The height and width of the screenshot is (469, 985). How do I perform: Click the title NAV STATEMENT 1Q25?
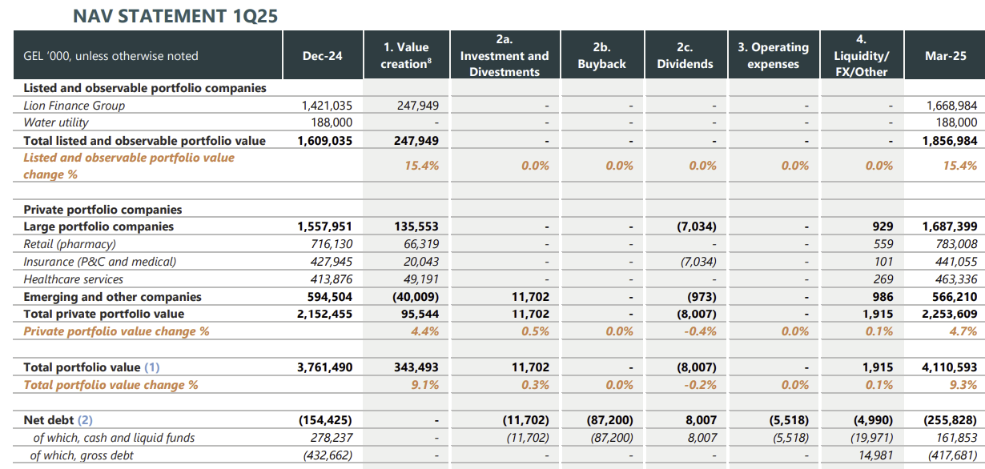coord(175,15)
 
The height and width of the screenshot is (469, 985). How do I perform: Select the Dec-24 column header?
coord(322,56)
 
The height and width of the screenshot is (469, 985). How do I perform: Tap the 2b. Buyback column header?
coord(601,56)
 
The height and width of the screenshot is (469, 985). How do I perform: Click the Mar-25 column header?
coord(945,56)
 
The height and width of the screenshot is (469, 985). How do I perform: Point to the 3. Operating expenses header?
coord(773,56)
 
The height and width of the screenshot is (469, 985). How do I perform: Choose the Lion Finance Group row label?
coord(74,106)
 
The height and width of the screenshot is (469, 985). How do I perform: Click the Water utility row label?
coord(56,122)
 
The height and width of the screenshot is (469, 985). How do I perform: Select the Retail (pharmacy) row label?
coord(70,244)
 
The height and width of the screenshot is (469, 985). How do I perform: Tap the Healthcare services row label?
coord(74,279)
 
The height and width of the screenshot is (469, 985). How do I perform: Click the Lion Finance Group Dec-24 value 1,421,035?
coord(327,106)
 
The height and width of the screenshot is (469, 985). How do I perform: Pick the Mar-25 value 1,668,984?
coord(951,106)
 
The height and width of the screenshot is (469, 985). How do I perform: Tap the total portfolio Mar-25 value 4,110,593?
coord(951,367)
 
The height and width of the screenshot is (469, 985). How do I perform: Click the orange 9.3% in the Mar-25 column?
coord(964,385)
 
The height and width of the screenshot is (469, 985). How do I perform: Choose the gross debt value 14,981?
coord(874,455)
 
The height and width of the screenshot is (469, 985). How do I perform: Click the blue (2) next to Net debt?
coord(86,420)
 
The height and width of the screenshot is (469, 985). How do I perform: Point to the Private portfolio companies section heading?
coord(103,210)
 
